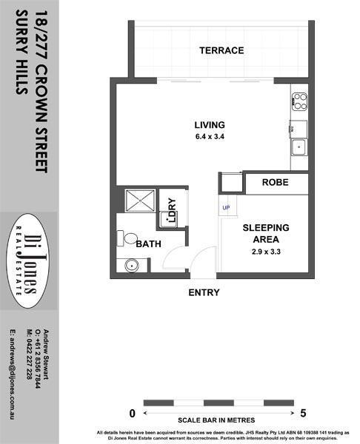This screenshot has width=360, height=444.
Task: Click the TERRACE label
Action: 221,50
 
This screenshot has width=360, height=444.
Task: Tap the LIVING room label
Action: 210,125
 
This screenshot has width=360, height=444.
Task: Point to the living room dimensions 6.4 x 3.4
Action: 210,136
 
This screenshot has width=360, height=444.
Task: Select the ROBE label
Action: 276,182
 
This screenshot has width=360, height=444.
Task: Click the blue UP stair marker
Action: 226,208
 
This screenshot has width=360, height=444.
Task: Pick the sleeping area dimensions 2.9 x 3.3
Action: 266,252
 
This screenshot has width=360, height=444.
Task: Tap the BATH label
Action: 149,243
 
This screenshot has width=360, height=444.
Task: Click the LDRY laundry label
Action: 172,210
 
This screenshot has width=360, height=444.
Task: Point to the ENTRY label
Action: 204,292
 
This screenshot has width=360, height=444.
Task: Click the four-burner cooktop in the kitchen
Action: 299,101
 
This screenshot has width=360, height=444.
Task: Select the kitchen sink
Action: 299,147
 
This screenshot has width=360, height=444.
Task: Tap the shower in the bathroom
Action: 140,201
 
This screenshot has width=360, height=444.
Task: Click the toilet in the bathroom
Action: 127,238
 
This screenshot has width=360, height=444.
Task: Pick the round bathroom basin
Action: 132,266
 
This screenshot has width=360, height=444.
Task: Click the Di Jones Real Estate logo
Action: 28,260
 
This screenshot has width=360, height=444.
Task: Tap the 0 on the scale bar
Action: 132,414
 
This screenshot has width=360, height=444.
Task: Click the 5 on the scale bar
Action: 303,414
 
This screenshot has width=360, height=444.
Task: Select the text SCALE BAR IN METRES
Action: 216,420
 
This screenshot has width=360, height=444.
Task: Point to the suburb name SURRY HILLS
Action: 21,53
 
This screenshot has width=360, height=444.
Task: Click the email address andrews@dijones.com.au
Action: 13,374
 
